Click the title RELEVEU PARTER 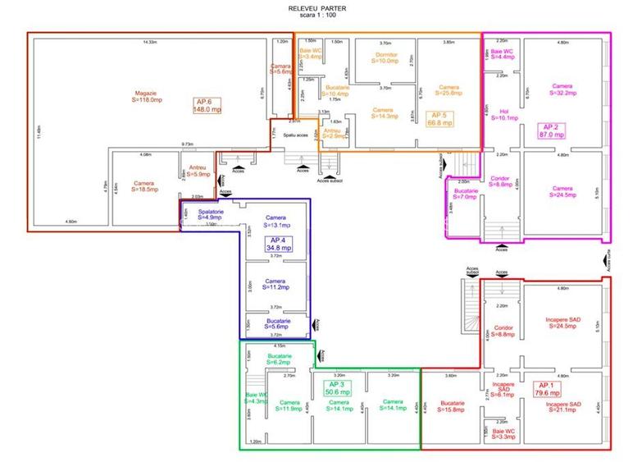click(x=321, y=8)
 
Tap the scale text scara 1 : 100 click(x=321, y=16)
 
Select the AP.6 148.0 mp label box click(x=207, y=105)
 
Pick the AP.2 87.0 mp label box click(x=551, y=130)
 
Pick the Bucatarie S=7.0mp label click(x=467, y=194)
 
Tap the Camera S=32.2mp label click(x=562, y=90)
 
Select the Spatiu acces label click(x=296, y=135)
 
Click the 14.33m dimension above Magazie click(x=149, y=41)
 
